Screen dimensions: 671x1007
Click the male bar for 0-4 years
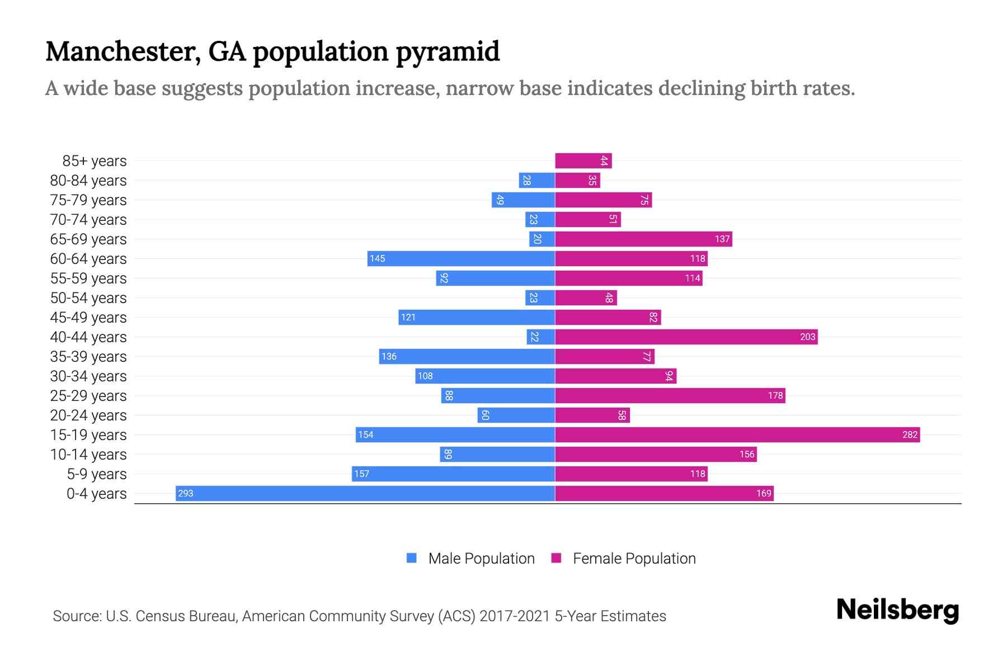pos(365,493)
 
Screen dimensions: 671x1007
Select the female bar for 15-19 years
pos(737,434)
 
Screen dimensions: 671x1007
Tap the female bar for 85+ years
pos(583,160)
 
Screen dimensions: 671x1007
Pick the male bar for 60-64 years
pos(461,258)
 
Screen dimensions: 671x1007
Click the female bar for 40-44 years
pos(686,337)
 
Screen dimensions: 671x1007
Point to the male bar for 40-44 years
pos(540,337)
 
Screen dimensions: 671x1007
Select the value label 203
pos(807,337)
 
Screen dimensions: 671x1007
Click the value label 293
pos(185,493)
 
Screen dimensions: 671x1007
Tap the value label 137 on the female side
pos(722,239)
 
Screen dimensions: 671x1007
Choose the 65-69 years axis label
pos(88,239)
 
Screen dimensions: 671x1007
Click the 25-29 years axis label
pos(88,395)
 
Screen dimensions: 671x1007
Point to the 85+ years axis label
pos(95,160)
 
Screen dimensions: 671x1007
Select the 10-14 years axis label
pos(88,454)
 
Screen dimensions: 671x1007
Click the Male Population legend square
pos(412,558)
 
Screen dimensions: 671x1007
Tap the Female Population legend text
pos(634,558)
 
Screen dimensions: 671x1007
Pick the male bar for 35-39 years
pos(467,356)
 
